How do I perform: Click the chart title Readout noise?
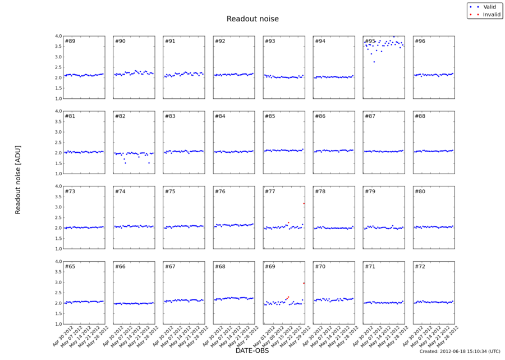click(252, 19)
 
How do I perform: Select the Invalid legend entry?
click(491, 14)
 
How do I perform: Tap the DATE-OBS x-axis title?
click(252, 351)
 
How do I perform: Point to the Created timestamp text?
click(460, 352)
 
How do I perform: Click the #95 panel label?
click(370, 41)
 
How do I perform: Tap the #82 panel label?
click(120, 116)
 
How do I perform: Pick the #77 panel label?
click(270, 192)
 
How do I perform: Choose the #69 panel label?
click(270, 266)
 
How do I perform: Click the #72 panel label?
click(420, 266)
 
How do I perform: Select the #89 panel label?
click(70, 41)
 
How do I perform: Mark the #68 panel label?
click(220, 266)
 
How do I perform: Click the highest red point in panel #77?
click(304, 203)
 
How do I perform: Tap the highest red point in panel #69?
click(304, 283)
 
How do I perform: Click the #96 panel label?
click(420, 41)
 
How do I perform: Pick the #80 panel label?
click(420, 192)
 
